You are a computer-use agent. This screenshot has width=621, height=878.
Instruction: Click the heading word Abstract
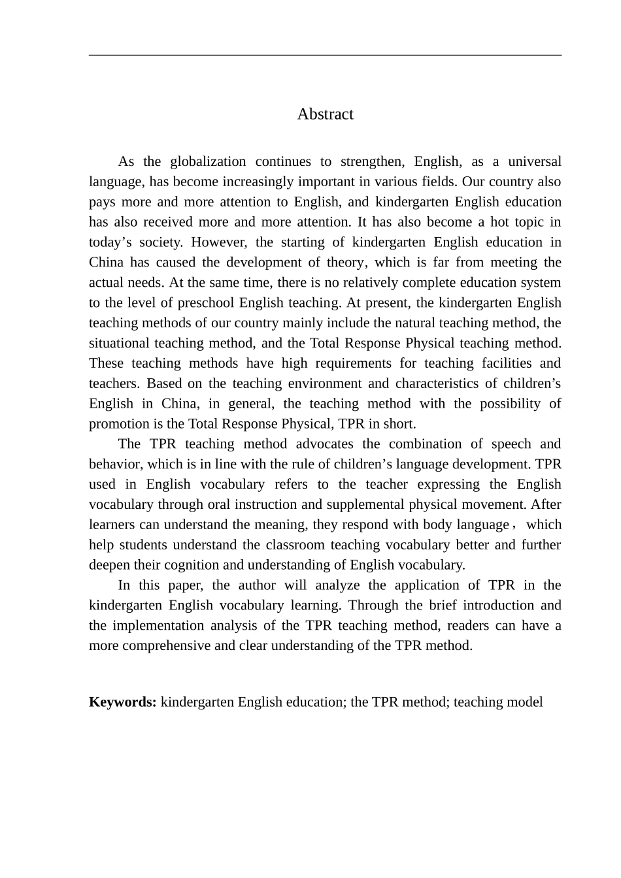click(325, 114)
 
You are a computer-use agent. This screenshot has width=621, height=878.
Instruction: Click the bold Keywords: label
click(122, 702)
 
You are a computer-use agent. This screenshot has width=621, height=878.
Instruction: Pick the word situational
click(119, 344)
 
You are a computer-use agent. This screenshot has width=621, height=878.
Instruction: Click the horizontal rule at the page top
click(325, 56)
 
